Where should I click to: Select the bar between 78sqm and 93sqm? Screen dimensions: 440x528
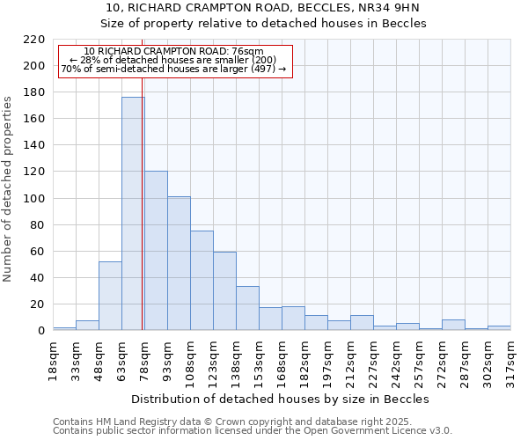click(x=156, y=251)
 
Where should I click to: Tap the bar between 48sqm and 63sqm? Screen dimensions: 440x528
click(x=110, y=296)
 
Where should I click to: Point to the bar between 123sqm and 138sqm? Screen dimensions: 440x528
click(x=224, y=291)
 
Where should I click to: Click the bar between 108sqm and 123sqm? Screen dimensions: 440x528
click(x=202, y=281)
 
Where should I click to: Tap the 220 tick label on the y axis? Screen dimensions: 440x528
click(x=34, y=40)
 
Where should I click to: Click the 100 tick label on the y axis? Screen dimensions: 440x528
click(x=34, y=199)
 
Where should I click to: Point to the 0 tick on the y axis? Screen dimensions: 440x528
click(x=40, y=331)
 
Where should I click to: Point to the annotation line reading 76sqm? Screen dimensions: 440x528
click(x=173, y=52)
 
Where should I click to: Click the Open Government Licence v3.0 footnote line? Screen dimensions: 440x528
click(x=253, y=431)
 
